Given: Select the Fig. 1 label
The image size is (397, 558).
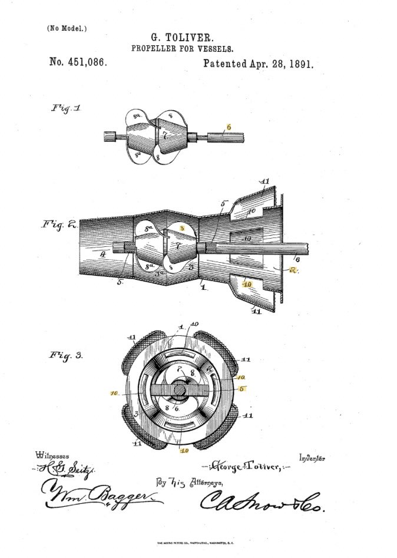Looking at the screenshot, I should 66,108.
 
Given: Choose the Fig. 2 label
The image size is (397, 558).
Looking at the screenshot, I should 58,225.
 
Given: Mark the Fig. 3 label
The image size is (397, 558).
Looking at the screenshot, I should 65,356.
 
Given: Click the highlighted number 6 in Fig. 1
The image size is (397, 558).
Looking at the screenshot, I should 229,127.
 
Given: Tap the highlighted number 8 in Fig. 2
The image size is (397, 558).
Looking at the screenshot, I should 183,226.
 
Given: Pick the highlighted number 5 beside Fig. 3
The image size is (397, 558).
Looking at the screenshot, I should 241,389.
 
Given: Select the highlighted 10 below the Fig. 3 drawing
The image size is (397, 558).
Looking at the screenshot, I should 184,451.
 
